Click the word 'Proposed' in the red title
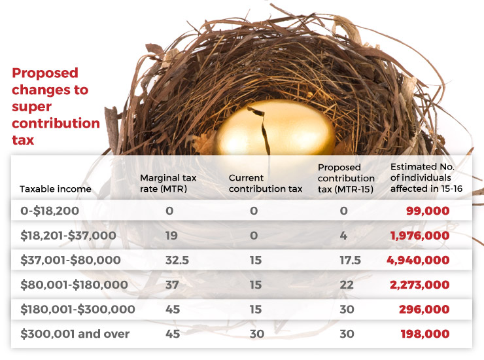point(44,73)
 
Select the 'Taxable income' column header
point(55,189)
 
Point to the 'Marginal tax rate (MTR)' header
point(168,183)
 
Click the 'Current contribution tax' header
point(266,183)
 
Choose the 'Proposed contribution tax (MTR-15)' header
point(346,178)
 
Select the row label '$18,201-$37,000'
point(68,235)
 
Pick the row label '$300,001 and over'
point(75,334)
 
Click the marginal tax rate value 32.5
point(177,260)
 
